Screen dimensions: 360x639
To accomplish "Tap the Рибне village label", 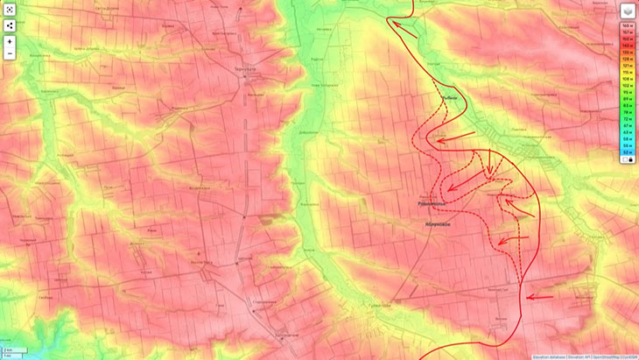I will (450, 97).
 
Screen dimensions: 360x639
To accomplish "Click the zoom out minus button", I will (10, 53).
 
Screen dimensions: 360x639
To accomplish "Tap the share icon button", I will (10, 25).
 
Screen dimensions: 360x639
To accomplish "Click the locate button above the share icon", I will (10, 10).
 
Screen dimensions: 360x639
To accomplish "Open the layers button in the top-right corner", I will (628, 11).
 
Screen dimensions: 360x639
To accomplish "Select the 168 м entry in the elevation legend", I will (628, 25).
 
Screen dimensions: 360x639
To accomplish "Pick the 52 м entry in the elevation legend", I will (628, 146).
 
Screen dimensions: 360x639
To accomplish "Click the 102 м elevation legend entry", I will (628, 86).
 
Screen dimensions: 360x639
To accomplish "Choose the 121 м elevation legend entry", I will (628, 66).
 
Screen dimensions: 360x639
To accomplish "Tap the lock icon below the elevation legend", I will (628, 159).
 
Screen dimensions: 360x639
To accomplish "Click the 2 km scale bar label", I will (9, 350).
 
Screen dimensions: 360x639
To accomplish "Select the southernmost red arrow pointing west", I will (540, 297).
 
